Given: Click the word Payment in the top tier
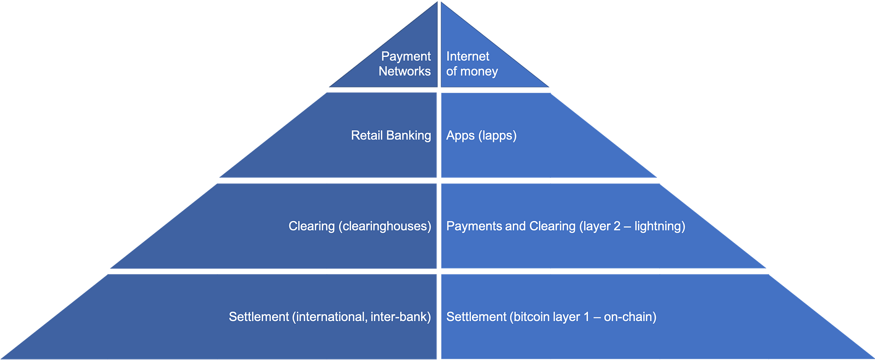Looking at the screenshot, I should pos(406,56).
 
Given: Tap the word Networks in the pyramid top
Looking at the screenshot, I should pos(404,71).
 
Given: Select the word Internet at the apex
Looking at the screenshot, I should pos(468,56).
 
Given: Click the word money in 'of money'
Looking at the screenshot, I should pos(479,72).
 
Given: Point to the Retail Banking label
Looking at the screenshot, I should pos(390,135).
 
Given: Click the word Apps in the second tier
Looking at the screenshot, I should pos(460,136).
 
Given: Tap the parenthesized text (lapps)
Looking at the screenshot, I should pos(497,136).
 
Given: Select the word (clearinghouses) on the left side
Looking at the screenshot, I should pos(385,226).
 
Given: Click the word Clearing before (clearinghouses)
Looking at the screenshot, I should pos(311,226).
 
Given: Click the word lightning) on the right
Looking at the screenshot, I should pos(660,226).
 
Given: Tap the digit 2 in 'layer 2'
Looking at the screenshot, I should pos(617,226).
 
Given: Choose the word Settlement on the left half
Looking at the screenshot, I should pos(259,317).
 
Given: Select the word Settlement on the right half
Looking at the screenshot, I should pos(476,317).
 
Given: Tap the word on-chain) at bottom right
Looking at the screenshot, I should pos(630,317).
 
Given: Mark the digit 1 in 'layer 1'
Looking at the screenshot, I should pos(586,317).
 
